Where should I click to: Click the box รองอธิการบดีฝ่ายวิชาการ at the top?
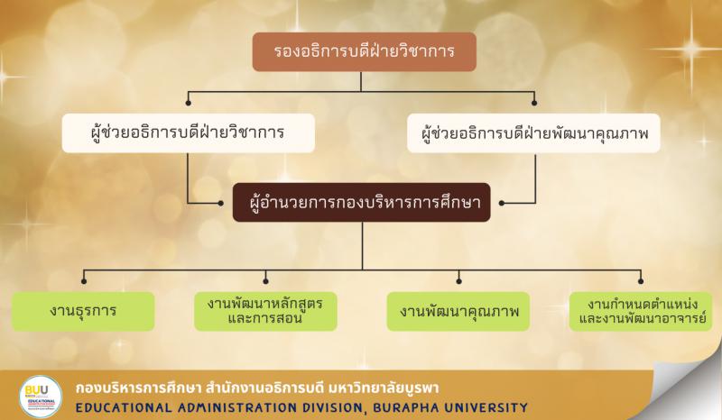363,51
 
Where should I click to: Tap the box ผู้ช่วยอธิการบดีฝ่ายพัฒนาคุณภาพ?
535,132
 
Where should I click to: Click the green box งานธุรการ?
84,311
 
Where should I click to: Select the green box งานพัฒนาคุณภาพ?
458,311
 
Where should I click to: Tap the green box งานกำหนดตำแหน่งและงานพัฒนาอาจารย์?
640,310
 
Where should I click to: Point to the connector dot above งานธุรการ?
84,275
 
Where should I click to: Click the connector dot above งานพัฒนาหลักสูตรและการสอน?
265,275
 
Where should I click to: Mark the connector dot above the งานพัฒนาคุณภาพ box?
459,275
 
